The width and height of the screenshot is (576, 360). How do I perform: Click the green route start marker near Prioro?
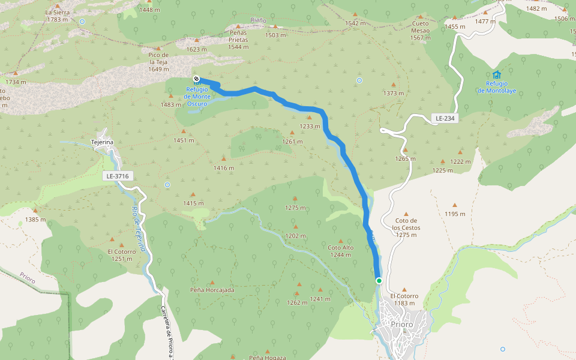coord(379,280)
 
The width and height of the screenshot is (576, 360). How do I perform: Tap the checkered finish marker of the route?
coord(196,79)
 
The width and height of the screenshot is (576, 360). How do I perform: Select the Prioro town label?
coord(401,324)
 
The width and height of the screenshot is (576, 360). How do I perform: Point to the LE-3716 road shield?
coord(118,176)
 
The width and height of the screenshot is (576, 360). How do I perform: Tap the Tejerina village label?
coord(102,142)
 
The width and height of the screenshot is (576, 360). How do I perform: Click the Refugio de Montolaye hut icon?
coord(496,75)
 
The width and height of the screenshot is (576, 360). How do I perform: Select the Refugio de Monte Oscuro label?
coord(197,97)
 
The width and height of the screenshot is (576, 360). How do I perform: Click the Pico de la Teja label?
coord(159,62)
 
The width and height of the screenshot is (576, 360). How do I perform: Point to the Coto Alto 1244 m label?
coord(340,251)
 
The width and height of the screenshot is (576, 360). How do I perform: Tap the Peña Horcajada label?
coord(212,290)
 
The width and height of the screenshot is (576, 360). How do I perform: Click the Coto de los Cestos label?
coord(406,227)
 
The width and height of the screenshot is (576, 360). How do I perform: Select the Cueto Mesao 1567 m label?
coord(420,31)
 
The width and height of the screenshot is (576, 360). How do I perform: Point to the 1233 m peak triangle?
coord(310,118)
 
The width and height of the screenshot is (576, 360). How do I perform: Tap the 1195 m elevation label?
coord(455,214)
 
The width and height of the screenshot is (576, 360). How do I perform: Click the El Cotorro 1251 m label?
coord(122,255)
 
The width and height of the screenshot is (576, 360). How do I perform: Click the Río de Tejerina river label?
coord(139,229)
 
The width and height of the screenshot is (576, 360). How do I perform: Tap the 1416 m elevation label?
coord(224,168)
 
